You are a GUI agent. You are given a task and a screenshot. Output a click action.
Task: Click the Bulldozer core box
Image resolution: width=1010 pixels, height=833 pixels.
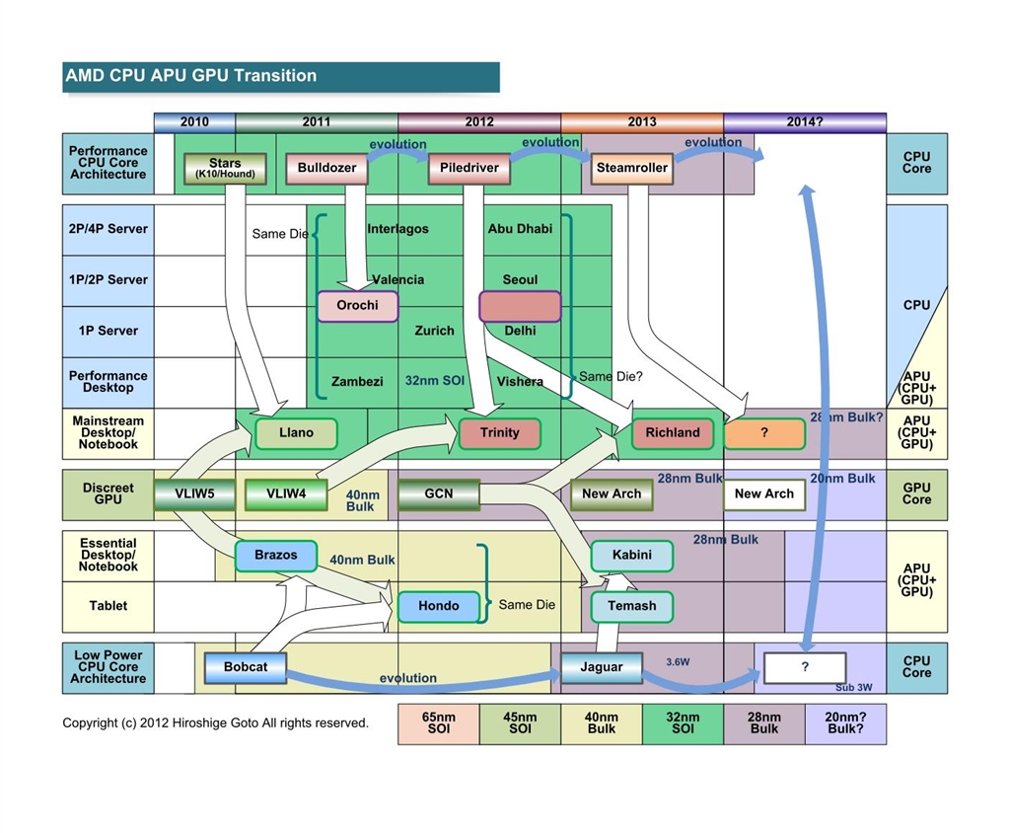coord(327,168)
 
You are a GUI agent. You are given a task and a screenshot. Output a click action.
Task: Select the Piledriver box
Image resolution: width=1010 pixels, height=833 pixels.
coord(469,168)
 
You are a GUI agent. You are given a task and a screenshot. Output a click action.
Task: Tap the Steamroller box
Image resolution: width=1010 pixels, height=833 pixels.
coord(632,168)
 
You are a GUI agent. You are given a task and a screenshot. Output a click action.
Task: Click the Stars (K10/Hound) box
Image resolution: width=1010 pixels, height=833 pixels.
coord(225,168)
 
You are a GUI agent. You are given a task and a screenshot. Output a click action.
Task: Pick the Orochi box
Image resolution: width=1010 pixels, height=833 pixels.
coord(357,306)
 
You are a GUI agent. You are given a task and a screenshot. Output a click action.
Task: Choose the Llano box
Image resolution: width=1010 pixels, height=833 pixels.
coord(296,433)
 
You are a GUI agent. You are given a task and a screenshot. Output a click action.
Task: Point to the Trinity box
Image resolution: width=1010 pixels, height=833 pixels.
coord(500,433)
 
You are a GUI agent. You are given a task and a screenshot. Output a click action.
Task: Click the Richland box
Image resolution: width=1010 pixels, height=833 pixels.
coord(673,433)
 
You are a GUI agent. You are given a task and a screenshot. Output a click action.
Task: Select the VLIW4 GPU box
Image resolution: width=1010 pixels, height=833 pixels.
coord(286,493)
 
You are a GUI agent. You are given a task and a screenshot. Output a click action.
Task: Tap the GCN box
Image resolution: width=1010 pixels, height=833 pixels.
coord(439,493)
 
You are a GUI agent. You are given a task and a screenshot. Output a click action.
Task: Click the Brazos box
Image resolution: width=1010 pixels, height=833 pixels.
coord(275,556)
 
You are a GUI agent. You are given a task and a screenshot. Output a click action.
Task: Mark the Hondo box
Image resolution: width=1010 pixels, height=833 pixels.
coord(438,606)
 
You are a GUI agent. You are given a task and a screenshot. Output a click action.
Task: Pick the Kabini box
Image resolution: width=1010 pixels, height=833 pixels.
coord(631,556)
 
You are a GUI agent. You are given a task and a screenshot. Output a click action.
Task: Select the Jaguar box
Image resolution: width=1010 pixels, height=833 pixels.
coord(602,667)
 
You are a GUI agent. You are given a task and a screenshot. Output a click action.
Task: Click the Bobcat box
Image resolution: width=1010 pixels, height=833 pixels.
coord(246,667)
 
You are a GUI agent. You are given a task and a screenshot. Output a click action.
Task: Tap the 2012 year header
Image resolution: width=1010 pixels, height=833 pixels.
coord(479,122)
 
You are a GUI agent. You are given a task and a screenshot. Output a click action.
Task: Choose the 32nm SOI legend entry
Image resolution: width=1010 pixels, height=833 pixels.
coord(683,723)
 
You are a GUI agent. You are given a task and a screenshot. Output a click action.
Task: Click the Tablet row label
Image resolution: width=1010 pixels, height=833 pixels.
coord(108,606)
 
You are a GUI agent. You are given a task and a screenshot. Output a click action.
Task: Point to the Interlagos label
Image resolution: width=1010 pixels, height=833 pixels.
coord(398,229)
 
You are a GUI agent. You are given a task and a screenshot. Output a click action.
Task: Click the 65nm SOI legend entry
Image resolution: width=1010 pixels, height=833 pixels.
coord(439,723)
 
